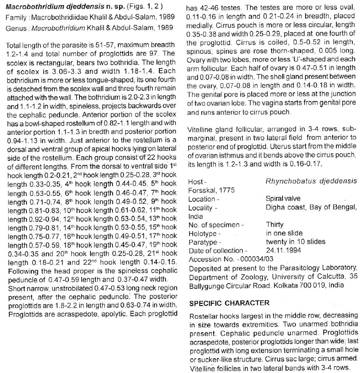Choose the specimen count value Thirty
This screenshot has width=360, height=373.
coord(275,224)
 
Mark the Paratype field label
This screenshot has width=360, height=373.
coord(205,242)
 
